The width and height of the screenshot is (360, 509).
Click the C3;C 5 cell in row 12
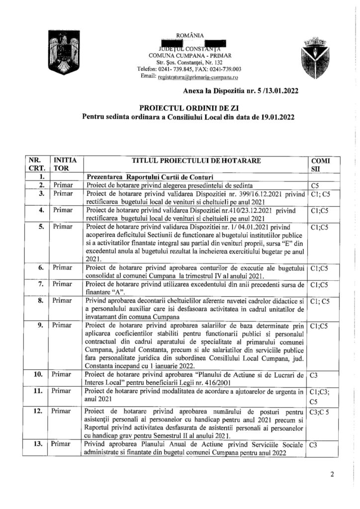(318, 412)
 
